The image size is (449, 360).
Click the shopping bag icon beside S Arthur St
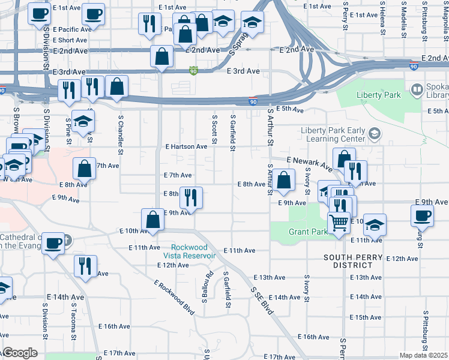tap(285, 179)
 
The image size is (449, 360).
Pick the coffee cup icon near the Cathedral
tap(54, 244)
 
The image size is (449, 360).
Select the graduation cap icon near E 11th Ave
tap(375, 225)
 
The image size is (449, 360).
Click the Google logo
tap(20, 353)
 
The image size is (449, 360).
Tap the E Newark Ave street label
tap(309, 162)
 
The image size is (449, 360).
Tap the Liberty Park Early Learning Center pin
tap(375, 133)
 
